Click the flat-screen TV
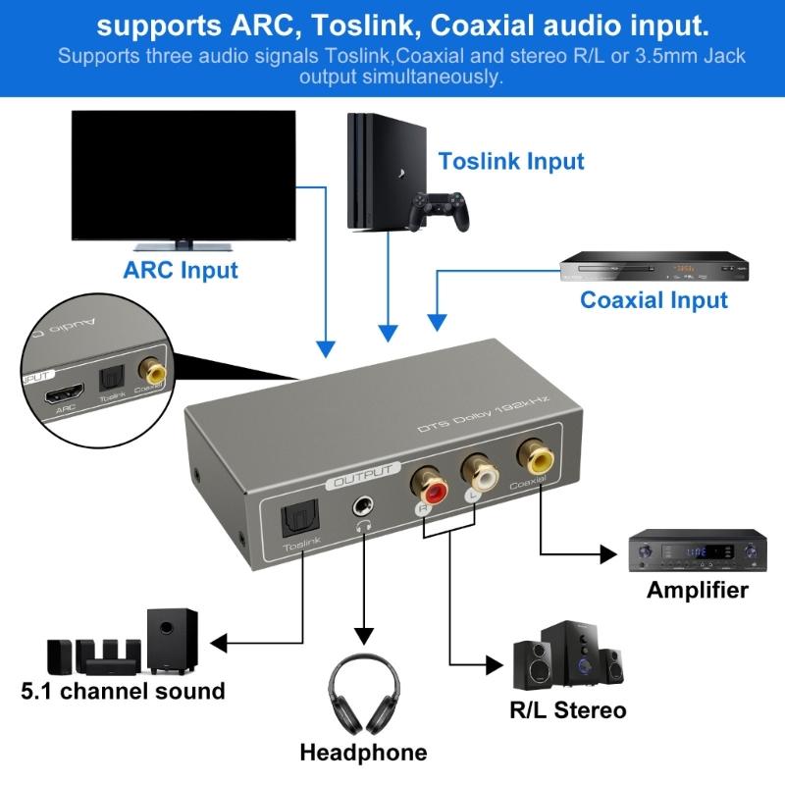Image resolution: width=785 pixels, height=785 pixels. [183, 177]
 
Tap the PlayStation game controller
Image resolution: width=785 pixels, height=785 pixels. [440, 210]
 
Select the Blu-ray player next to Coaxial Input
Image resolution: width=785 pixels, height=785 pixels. [646, 268]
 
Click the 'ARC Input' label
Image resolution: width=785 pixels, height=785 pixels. [181, 269]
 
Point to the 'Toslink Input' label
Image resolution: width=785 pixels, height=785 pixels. [511, 161]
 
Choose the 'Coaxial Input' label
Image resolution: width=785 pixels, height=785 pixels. [654, 299]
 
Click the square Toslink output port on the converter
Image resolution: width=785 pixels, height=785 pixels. [295, 519]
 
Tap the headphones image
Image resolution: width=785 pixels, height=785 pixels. [364, 691]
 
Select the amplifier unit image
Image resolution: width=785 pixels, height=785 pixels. [697, 551]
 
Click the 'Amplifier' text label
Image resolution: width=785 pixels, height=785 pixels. [697, 590]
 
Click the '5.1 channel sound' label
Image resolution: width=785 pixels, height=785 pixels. [124, 691]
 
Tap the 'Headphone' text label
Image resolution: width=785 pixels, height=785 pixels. [363, 753]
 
